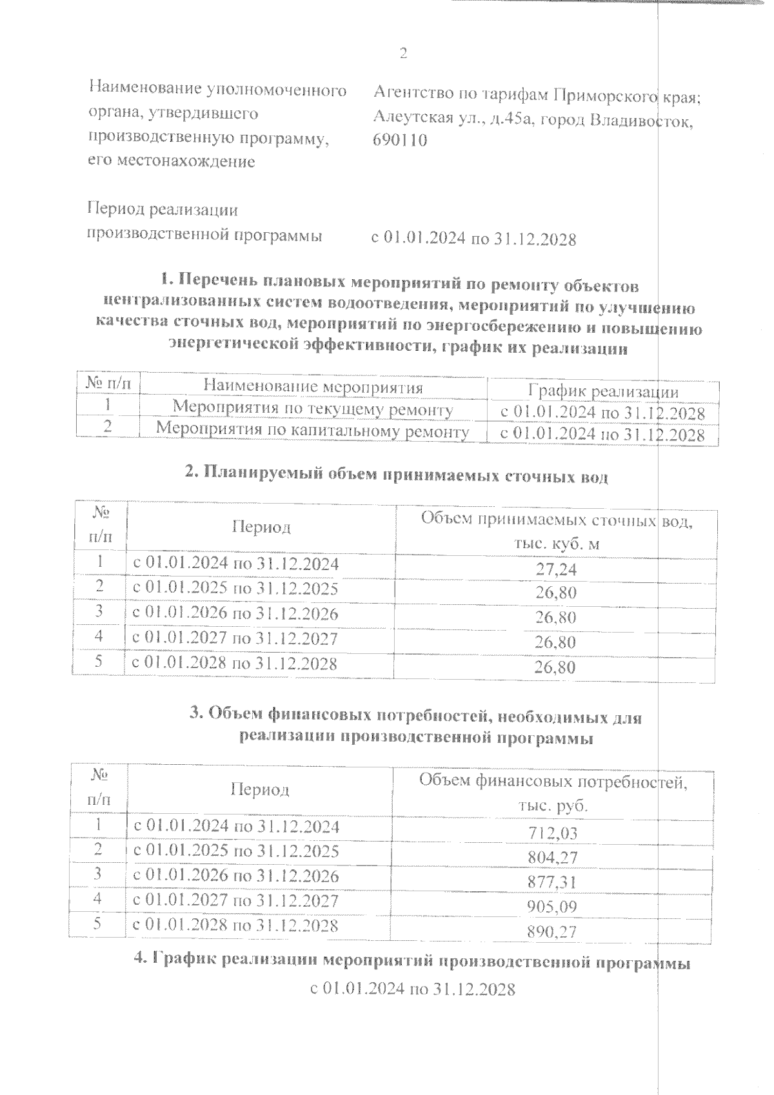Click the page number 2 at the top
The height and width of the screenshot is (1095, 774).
tap(403, 54)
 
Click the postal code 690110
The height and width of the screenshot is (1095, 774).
tap(400, 141)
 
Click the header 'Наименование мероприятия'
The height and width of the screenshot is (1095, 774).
tap(313, 387)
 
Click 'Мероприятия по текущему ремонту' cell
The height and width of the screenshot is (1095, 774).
tap(313, 409)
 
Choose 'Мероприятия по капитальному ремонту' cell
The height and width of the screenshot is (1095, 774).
tap(313, 429)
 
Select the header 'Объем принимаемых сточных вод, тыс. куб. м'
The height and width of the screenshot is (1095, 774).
tap(556, 531)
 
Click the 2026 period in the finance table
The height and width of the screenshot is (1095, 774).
tap(235, 876)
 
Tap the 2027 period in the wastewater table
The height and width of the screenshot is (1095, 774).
tap(235, 638)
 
